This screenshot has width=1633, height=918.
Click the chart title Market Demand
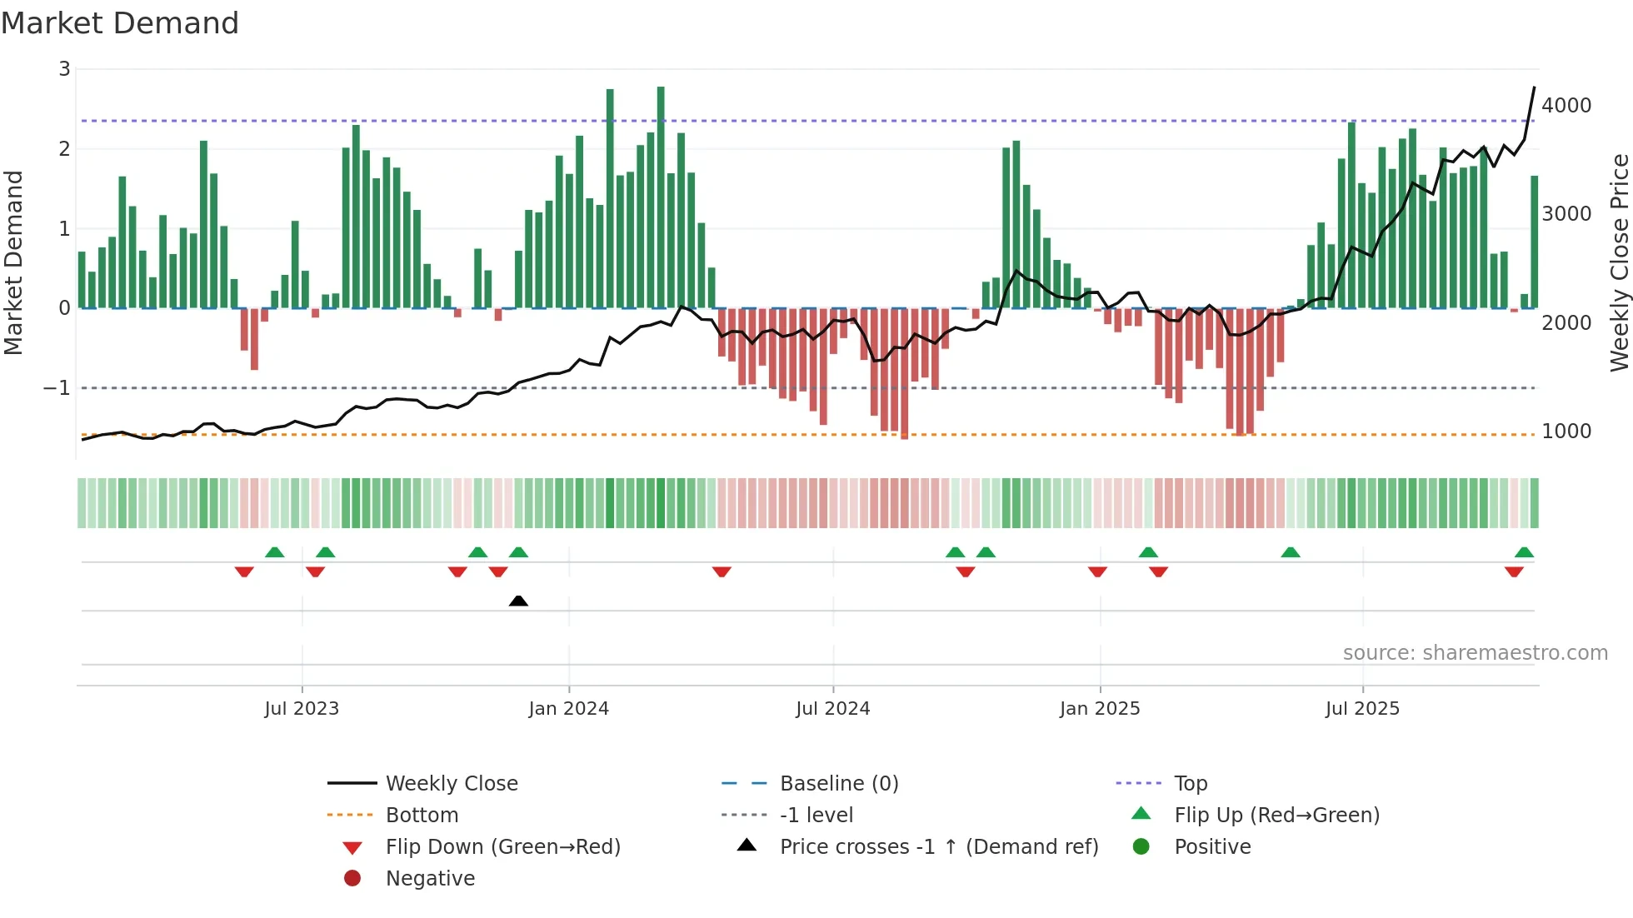[120, 23]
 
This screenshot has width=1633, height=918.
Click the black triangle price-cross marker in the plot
[518, 601]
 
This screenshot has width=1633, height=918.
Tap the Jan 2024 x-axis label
[568, 708]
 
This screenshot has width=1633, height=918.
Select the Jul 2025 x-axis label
[1362, 708]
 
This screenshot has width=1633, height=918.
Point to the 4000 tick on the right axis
[1566, 106]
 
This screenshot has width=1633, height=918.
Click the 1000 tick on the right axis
[1566, 432]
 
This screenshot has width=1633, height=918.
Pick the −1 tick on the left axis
[57, 388]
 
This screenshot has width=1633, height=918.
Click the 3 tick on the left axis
[64, 69]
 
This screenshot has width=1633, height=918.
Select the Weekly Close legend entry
[451, 783]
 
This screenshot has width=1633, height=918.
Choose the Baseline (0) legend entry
[838, 783]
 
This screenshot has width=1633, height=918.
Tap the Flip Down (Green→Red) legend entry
[502, 846]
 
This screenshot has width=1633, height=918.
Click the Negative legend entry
[430, 878]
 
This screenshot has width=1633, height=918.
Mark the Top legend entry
[1190, 783]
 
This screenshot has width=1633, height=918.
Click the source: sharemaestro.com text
[1475, 652]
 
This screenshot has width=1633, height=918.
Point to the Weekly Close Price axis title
[1619, 262]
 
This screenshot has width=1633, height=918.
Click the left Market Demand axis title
[13, 262]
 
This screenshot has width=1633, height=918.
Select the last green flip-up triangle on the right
[1524, 552]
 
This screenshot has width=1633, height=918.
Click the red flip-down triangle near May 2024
[722, 571]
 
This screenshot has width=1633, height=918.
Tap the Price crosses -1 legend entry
[938, 846]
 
